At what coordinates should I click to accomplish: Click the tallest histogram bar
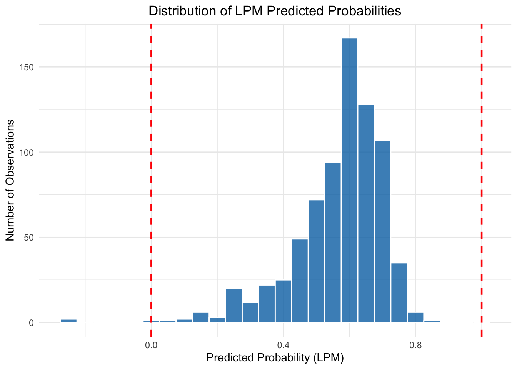(349, 180)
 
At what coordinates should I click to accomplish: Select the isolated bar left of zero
(68, 321)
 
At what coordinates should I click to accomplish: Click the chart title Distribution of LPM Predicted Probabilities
(275, 11)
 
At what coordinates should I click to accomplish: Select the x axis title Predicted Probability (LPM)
(275, 358)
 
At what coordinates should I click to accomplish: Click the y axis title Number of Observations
(10, 180)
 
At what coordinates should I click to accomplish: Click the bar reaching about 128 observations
(366, 213)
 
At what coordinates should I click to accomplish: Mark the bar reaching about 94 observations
(333, 243)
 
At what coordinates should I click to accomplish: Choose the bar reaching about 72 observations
(316, 261)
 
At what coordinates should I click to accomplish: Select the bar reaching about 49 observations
(300, 281)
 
